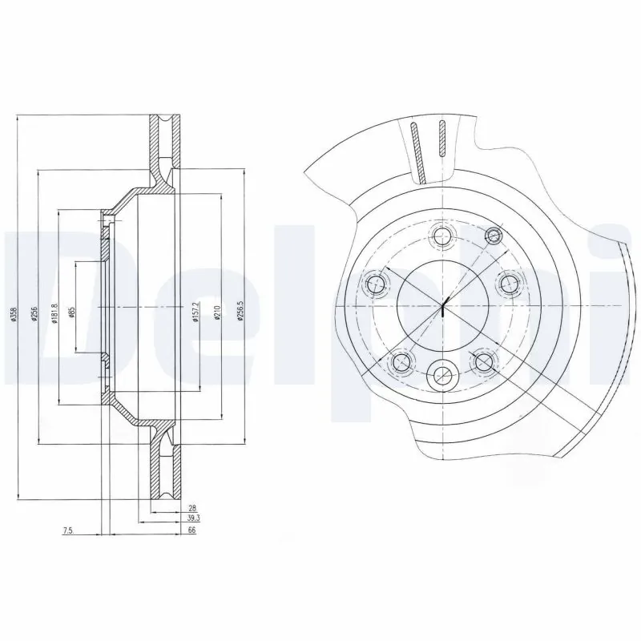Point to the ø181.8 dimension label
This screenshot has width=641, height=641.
click(x=54, y=312)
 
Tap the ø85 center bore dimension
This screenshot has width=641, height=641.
click(x=71, y=313)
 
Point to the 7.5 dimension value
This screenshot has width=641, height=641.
click(x=67, y=530)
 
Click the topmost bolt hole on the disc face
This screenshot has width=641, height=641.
click(x=441, y=236)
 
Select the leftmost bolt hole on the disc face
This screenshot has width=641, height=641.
click(x=376, y=282)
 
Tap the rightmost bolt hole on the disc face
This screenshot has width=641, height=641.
click(x=508, y=282)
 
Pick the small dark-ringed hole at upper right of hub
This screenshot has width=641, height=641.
click(x=494, y=236)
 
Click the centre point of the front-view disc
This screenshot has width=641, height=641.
click(x=442, y=305)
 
